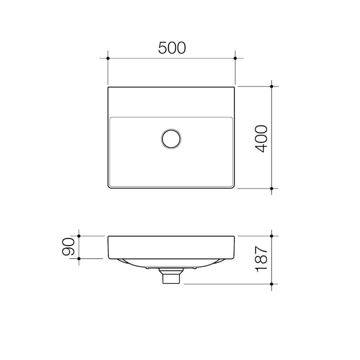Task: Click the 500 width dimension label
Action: click(172, 48)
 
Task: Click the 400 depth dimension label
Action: click(261, 138)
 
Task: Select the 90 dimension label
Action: click(68, 246)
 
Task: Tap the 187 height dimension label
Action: click(261, 259)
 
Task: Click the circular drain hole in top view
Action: click(171, 138)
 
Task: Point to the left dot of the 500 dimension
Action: click(108, 58)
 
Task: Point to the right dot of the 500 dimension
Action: click(235, 58)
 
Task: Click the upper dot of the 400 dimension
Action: click(271, 86)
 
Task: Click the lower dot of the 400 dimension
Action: click(271, 188)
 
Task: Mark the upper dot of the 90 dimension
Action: click(79, 236)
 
